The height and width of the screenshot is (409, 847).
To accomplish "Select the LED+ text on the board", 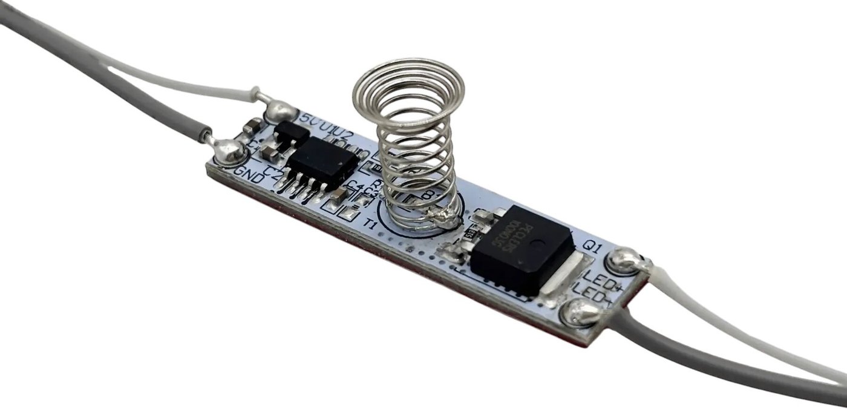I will click(601, 283).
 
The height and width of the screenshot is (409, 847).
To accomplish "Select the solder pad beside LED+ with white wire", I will click(625, 261).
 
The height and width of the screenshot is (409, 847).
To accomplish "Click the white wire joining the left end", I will click(181, 85).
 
